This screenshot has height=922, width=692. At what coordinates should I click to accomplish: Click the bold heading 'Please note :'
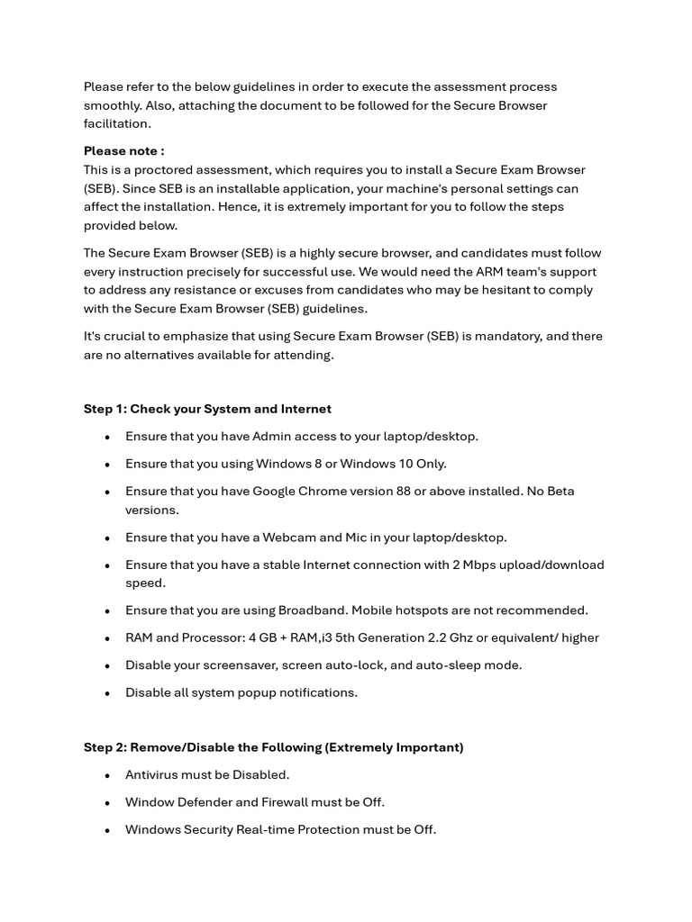pyautogui.click(x=123, y=151)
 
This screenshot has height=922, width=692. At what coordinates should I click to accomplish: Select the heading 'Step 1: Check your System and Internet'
pyautogui.click(x=207, y=409)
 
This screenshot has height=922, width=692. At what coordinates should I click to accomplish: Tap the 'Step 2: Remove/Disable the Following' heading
pyautogui.click(x=273, y=747)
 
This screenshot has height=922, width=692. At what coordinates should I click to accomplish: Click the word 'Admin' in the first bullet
pyautogui.click(x=271, y=437)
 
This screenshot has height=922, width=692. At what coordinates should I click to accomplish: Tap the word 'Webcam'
pyautogui.click(x=289, y=538)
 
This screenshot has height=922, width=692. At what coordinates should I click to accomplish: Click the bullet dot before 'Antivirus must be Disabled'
pyautogui.click(x=107, y=775)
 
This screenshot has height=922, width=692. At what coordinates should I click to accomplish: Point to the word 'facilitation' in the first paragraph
pyautogui.click(x=117, y=123)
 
